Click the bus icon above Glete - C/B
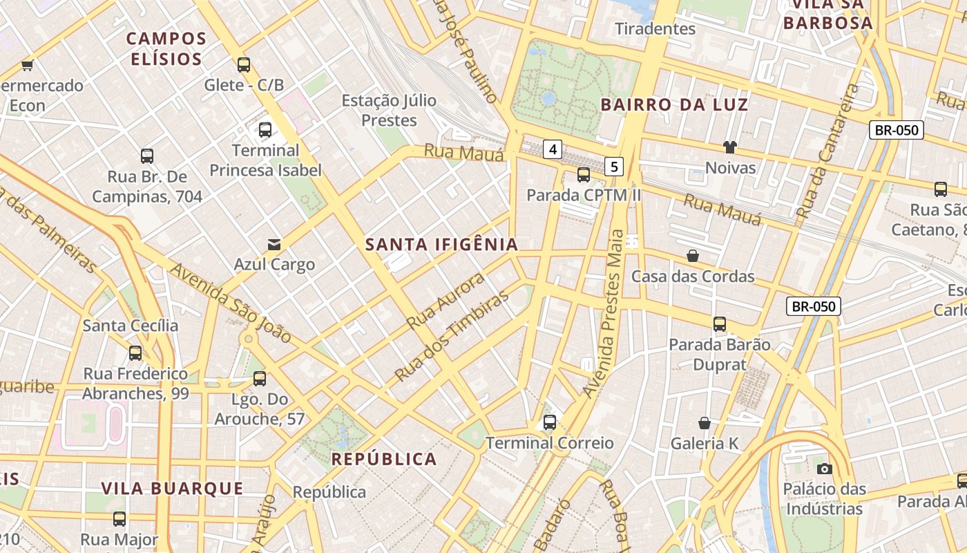(243, 65)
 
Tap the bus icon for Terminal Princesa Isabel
(265, 129)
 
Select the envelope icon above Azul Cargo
(274, 244)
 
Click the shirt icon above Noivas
(730, 147)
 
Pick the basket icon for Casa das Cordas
(693, 256)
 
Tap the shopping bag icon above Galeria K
(705, 422)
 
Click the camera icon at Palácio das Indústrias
(823, 469)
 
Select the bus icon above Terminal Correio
(550, 422)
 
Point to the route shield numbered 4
(553, 149)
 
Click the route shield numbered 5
(615, 166)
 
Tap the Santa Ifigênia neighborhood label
(441, 244)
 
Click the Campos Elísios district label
(166, 48)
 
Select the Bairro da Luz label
(674, 105)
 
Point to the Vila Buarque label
(172, 488)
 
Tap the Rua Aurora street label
(446, 301)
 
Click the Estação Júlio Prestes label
(390, 110)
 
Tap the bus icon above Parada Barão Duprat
(720, 324)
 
